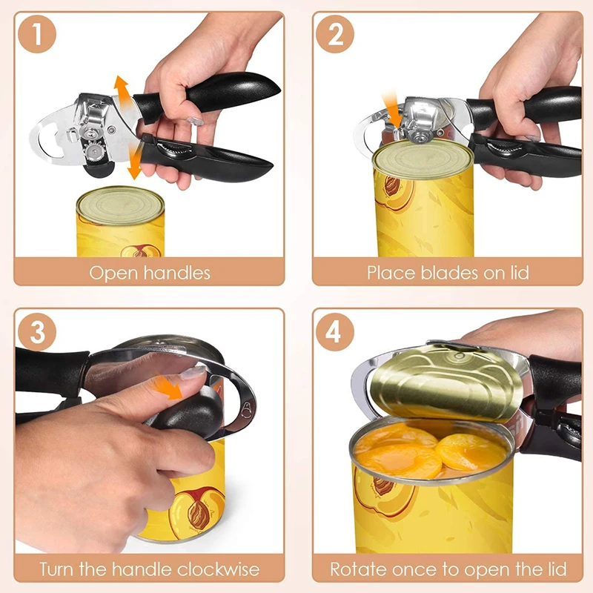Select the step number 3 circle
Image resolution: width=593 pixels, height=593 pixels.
click(x=39, y=331)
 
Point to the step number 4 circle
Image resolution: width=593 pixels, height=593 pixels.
click(x=335, y=331)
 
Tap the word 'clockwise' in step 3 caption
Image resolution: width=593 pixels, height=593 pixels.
click(x=219, y=569)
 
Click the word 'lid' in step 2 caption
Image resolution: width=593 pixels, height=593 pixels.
click(x=520, y=273)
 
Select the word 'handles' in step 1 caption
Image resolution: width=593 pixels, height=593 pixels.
click(x=175, y=273)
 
